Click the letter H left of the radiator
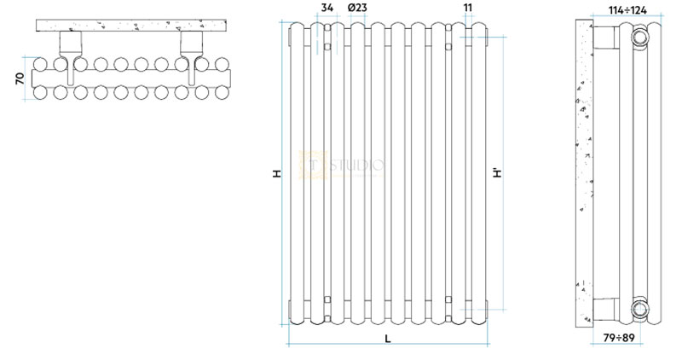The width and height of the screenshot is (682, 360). [x=276, y=173]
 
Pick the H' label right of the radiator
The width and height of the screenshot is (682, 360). [x=497, y=173]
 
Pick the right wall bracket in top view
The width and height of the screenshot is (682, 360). [x=189, y=47]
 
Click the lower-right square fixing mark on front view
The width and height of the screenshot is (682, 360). [x=449, y=298]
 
